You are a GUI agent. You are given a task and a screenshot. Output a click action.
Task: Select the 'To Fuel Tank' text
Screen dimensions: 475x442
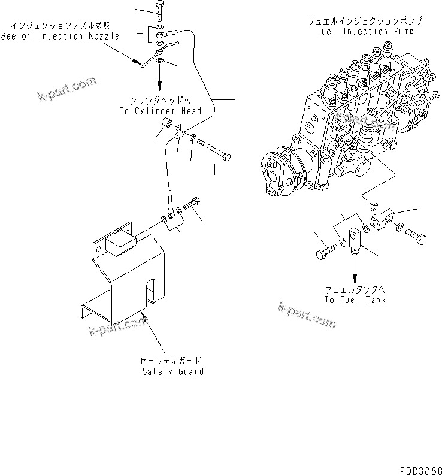tap(355, 299)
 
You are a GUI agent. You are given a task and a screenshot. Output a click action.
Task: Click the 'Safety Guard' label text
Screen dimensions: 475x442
tap(172, 371)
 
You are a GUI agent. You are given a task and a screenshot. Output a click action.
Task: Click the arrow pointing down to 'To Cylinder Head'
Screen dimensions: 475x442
tap(160, 79)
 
